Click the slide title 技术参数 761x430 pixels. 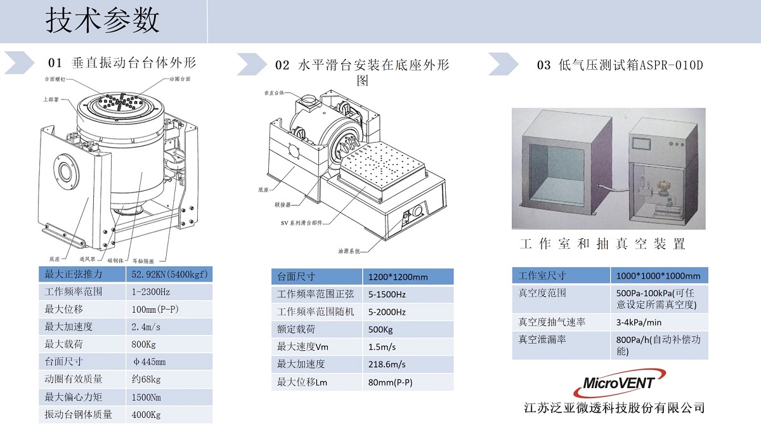click(x=102, y=21)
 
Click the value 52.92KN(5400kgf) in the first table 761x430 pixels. click(x=170, y=274)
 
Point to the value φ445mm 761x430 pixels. click(x=148, y=362)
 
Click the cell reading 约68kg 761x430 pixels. click(x=146, y=379)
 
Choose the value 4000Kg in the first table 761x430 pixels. click(x=146, y=415)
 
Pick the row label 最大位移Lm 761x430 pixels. click(x=302, y=382)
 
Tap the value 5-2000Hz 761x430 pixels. click(x=386, y=312)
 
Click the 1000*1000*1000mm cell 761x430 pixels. click(x=658, y=276)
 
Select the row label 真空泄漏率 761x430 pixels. click(x=542, y=339)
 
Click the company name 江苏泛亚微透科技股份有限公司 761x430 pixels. click(x=615, y=408)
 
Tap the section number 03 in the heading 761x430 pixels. click(x=543, y=65)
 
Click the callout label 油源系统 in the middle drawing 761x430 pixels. click(x=349, y=251)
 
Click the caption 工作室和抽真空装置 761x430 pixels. click(x=602, y=244)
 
